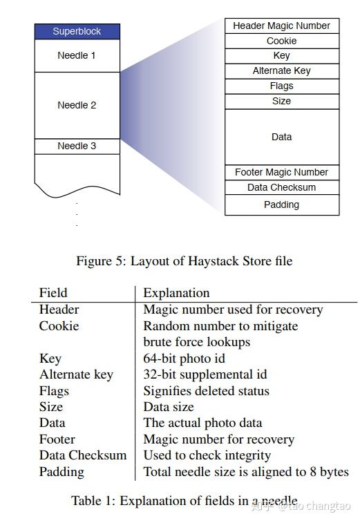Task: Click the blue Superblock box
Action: click(x=77, y=32)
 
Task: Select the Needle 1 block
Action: click(x=77, y=55)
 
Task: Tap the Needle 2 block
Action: click(x=77, y=105)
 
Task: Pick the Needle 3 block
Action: click(x=77, y=146)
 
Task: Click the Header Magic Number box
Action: click(x=281, y=26)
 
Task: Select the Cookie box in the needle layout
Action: click(x=281, y=41)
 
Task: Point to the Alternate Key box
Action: click(x=281, y=70)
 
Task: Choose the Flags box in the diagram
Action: click(x=281, y=86)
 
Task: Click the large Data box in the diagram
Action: click(x=281, y=137)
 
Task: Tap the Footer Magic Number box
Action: click(x=281, y=172)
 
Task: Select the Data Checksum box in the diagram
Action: click(x=281, y=187)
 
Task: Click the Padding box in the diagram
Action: click(x=281, y=205)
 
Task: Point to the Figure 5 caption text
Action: click(x=184, y=260)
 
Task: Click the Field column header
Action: click(x=53, y=293)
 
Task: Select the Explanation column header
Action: click(x=176, y=293)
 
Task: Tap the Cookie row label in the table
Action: click(x=59, y=325)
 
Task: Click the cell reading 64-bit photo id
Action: click(x=184, y=359)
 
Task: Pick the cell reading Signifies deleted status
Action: click(x=206, y=390)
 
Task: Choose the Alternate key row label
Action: click(x=76, y=374)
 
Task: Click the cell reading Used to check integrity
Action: click(x=207, y=455)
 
